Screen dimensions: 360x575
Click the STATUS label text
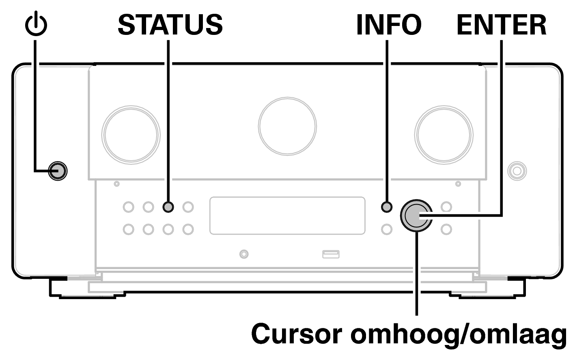tap(170, 25)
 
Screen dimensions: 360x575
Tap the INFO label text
tap(388, 25)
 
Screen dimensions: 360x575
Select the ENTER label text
tap(502, 25)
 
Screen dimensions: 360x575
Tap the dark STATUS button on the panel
tap(168, 207)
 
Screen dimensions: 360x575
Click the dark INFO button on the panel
tap(387, 207)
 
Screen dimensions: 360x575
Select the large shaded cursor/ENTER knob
tap(416, 216)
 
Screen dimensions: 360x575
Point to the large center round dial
tap(287, 126)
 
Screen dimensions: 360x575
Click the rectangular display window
tap(287, 216)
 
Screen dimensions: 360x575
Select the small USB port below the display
tap(331, 254)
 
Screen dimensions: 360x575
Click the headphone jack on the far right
tap(517, 170)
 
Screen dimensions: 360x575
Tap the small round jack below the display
tap(243, 254)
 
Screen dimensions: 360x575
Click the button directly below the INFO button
tap(387, 229)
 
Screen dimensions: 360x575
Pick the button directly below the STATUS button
tap(168, 229)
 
